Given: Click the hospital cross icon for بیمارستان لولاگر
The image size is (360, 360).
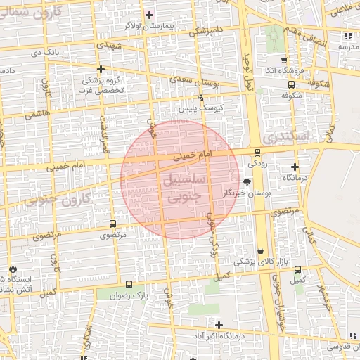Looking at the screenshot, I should pyautogui.click(x=149, y=15).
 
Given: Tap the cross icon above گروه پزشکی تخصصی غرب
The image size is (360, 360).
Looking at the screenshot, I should pyautogui.click(x=102, y=69).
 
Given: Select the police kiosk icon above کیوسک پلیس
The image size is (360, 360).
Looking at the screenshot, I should pyautogui.click(x=200, y=98).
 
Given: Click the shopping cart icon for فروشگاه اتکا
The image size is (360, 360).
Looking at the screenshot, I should pyautogui.click(x=284, y=60).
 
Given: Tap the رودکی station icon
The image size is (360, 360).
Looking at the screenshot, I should pyautogui.click(x=257, y=152).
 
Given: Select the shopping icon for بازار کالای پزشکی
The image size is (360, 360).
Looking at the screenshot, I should pyautogui.click(x=261, y=250).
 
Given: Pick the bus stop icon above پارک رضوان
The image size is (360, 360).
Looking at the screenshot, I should pyautogui.click(x=129, y=285).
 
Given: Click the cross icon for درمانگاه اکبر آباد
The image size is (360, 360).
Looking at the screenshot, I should pyautogui.click(x=220, y=325).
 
